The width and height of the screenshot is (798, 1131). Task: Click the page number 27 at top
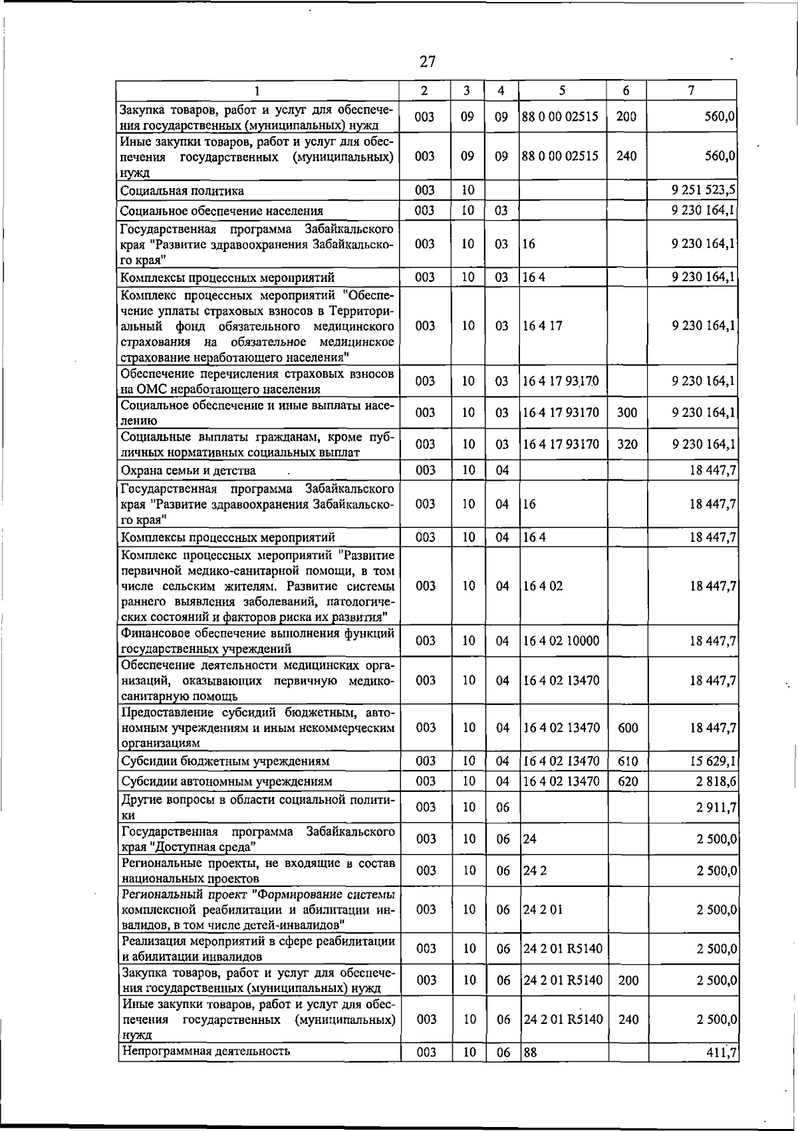[428, 62]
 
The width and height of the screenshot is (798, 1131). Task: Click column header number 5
[562, 90]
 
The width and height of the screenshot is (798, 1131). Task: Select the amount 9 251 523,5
[703, 191]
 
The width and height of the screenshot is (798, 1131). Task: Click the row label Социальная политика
[182, 191]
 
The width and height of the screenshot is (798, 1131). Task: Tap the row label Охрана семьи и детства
[188, 471]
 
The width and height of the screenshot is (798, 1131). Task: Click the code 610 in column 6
[628, 761]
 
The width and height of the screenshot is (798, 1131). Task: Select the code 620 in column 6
[628, 781]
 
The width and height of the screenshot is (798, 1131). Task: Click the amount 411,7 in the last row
[720, 1053]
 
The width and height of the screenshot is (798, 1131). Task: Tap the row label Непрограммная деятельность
[205, 1051]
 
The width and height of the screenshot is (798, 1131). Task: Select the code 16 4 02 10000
[561, 641]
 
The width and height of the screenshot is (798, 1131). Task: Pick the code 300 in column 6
[626, 413]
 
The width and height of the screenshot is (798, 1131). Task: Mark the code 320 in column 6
[626, 444]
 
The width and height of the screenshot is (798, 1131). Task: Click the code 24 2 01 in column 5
[543, 910]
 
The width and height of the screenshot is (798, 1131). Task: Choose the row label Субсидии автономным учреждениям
[226, 781]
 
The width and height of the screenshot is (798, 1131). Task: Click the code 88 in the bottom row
[530, 1053]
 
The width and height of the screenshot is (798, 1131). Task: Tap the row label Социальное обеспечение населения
[221, 211]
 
